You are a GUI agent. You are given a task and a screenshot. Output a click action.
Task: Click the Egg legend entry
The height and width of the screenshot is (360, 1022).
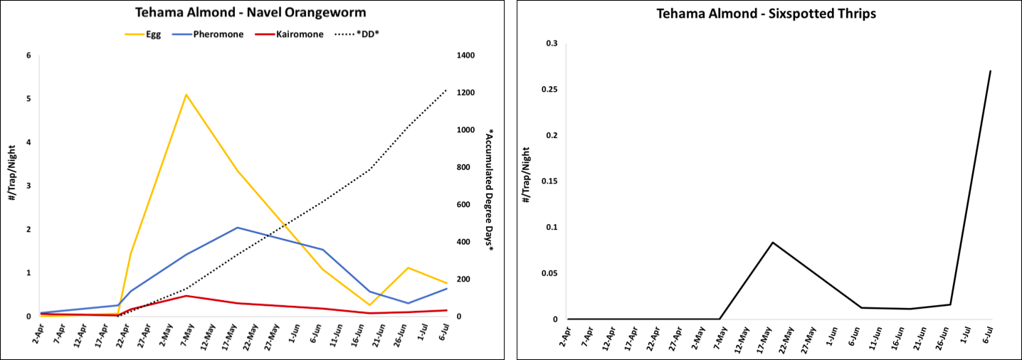pyautogui.click(x=142, y=34)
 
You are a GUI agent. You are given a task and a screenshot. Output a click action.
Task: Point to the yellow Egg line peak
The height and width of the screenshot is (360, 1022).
pyautogui.click(x=186, y=95)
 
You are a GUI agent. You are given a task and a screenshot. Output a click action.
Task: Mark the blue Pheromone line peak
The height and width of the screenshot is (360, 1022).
pyautogui.click(x=237, y=228)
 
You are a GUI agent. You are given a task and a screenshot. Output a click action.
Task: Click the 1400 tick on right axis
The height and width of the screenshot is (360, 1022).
pyautogui.click(x=465, y=55)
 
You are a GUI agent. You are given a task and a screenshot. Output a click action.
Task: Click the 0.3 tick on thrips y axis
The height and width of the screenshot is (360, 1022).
pyautogui.click(x=552, y=44)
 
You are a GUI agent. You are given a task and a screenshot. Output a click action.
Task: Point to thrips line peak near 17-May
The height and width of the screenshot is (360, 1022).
pyautogui.click(x=772, y=243)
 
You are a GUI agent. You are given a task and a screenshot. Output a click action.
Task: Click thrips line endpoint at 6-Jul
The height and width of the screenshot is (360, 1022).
pyautogui.click(x=990, y=71)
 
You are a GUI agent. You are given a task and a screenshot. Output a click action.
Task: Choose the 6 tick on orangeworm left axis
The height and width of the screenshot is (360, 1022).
pyautogui.click(x=28, y=55)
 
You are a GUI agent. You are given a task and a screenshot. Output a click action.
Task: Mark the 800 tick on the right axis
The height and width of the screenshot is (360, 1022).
pyautogui.click(x=463, y=167)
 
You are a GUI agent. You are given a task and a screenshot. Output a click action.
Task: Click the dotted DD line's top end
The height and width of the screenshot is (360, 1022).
pyautogui.click(x=446, y=90)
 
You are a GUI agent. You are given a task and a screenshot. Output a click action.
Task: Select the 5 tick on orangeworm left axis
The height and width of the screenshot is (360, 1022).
pyautogui.click(x=28, y=99)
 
